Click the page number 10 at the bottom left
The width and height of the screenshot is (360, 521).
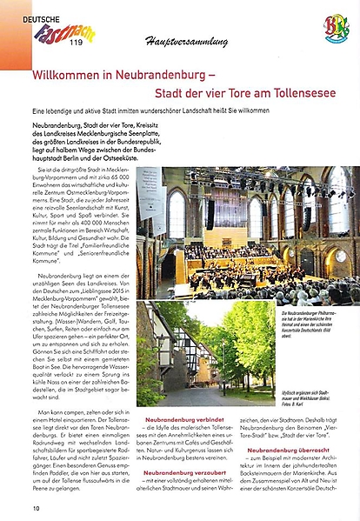37,507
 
